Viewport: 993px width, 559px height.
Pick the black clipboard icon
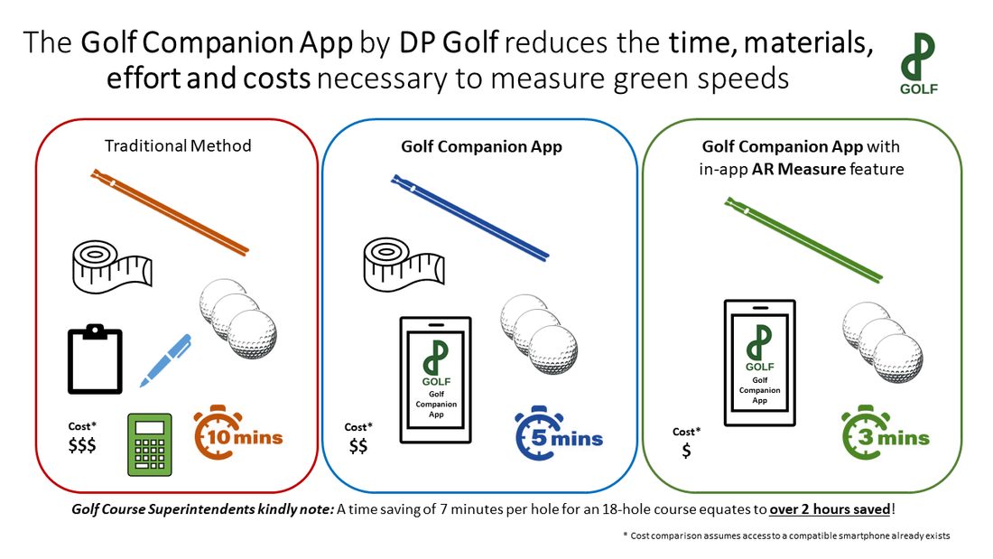[95, 360]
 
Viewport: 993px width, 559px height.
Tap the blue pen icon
[164, 360]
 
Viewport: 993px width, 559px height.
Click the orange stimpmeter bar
[169, 210]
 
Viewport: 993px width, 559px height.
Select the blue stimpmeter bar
[469, 218]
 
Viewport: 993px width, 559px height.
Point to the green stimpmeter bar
[804, 242]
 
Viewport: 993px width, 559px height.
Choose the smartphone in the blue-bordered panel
[436, 379]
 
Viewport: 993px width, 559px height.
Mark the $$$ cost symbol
[82, 444]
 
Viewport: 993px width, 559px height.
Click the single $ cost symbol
[687, 451]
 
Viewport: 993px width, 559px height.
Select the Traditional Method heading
[177, 145]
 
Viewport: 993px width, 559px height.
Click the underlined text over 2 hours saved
[829, 509]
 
